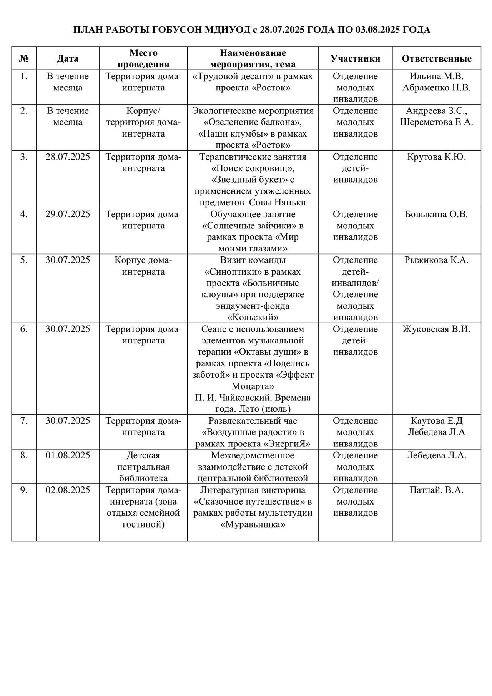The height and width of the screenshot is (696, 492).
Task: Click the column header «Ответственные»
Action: (x=436, y=58)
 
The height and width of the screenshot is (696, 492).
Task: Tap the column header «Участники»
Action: (x=355, y=58)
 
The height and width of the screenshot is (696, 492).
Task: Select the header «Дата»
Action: (x=68, y=58)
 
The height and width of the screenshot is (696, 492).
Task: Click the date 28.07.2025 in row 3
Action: (x=68, y=157)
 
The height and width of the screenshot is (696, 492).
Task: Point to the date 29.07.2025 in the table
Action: (x=68, y=214)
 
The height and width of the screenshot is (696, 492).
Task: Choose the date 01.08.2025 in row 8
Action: (x=68, y=455)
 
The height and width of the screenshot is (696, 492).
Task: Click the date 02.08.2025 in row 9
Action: (x=68, y=490)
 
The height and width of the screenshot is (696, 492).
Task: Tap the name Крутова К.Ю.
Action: (x=436, y=157)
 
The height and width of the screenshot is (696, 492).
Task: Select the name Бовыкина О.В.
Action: (x=436, y=214)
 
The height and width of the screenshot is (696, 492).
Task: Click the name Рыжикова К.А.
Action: (x=436, y=260)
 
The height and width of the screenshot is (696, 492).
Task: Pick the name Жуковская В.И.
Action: (x=436, y=329)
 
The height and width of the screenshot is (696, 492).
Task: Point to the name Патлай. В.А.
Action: (x=436, y=490)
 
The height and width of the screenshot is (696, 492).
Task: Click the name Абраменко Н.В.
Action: (x=436, y=88)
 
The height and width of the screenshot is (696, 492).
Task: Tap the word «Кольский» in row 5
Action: (x=253, y=318)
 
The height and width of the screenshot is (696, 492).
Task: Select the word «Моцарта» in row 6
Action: (x=253, y=386)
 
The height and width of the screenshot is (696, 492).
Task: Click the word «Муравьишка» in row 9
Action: (x=253, y=524)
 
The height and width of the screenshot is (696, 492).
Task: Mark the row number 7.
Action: (x=24, y=421)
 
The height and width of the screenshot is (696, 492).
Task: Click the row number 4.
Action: (x=24, y=214)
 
